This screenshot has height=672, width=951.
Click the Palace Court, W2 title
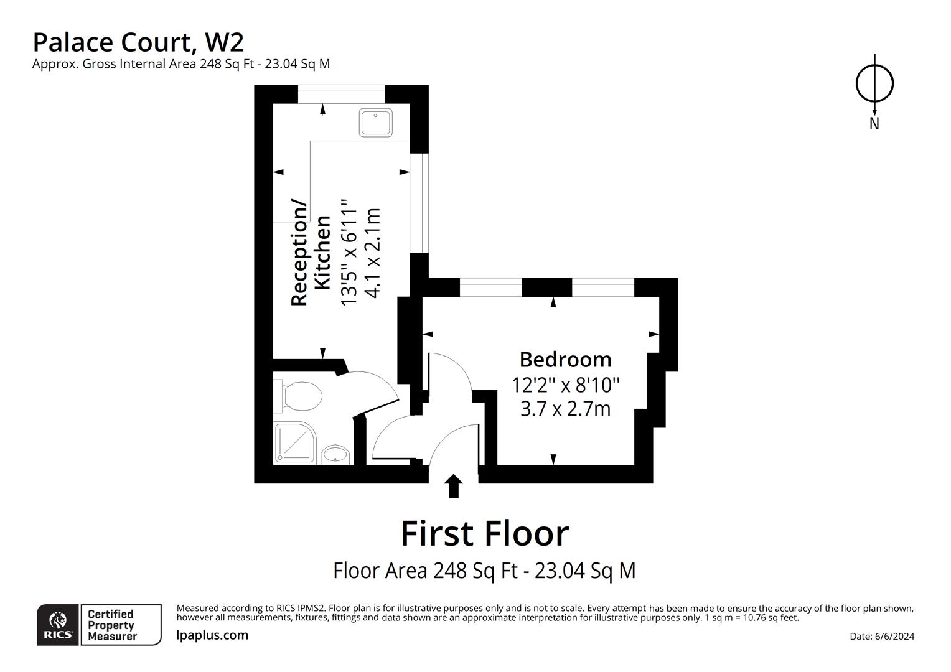(x=138, y=42)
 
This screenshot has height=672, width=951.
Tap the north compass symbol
(x=874, y=84)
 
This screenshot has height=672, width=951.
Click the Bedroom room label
(x=565, y=360)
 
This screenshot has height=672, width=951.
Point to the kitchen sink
(x=375, y=123)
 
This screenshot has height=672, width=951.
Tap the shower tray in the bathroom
(x=294, y=443)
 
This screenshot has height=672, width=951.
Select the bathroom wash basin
(x=335, y=455)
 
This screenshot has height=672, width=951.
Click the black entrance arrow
(x=454, y=486)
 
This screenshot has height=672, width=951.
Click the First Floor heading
(x=484, y=533)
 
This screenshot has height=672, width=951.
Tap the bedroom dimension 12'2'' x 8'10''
(x=565, y=385)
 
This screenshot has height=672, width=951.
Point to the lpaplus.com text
(x=212, y=635)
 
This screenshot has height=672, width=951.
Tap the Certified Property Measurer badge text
(x=111, y=625)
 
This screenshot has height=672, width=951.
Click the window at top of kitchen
(x=341, y=94)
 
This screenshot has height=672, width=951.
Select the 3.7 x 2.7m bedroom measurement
(x=565, y=409)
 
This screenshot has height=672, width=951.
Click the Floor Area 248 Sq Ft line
(x=484, y=570)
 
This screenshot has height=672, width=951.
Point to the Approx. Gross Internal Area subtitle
(x=180, y=63)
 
